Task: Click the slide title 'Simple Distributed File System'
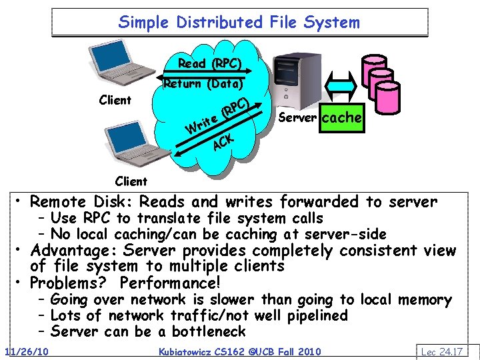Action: tap(239, 22)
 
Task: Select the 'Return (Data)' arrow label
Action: tap(205, 84)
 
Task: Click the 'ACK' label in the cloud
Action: tap(223, 141)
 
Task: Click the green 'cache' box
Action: tap(342, 117)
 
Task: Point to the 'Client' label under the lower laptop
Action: tap(131, 181)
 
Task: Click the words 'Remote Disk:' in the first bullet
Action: tap(75, 201)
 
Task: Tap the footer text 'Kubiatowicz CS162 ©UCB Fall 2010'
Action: tap(239, 351)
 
